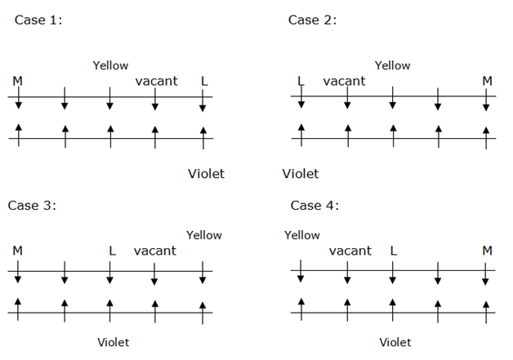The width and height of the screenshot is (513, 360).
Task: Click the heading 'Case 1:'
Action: (38, 20)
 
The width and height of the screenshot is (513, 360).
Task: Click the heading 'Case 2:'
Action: (312, 20)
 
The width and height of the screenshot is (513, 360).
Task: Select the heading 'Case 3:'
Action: (32, 205)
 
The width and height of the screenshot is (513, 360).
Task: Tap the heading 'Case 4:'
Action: (314, 205)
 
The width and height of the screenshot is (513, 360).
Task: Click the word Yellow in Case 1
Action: (110, 65)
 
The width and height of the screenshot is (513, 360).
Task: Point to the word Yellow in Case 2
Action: (392, 65)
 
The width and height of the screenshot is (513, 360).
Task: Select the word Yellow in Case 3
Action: (203, 235)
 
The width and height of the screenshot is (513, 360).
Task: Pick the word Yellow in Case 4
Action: (302, 235)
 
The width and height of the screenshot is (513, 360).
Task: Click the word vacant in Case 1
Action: (155, 81)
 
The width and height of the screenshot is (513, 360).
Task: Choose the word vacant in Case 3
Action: (154, 251)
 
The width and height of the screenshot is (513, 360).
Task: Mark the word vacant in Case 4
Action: (350, 251)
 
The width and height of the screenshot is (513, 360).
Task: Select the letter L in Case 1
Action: (204, 81)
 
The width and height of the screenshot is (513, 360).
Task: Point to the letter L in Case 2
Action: (301, 81)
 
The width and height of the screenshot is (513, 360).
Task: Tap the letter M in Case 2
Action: (487, 81)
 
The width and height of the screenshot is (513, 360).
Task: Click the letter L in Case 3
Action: (112, 251)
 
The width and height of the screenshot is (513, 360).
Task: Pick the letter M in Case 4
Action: (487, 251)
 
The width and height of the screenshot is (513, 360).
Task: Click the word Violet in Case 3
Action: (113, 342)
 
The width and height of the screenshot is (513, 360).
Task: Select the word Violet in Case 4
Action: (395, 342)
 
